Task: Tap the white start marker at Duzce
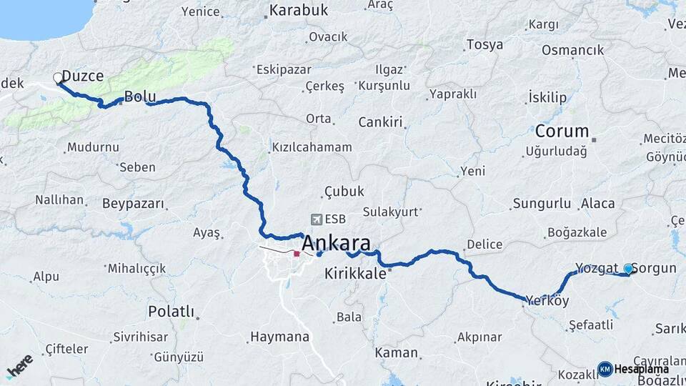pyautogui.click(x=58, y=78)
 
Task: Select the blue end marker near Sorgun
pyautogui.click(x=628, y=269)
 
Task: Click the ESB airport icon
pyautogui.click(x=317, y=219)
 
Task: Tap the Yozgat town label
pyautogui.click(x=596, y=268)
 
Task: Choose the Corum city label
pyautogui.click(x=562, y=132)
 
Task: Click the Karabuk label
pyautogui.click(x=298, y=10)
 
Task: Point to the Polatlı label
pyautogui.click(x=171, y=311)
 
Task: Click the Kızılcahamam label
pyautogui.click(x=312, y=147)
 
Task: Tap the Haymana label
pyautogui.click(x=279, y=337)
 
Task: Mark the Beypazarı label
pyautogui.click(x=134, y=204)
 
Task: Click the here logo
pyautogui.click(x=19, y=365)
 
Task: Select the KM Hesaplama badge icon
pyautogui.click(x=605, y=369)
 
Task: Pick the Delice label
pyautogui.click(x=484, y=244)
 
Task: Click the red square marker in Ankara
pyautogui.click(x=297, y=253)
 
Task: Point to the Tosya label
pyautogui.click(x=484, y=44)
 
